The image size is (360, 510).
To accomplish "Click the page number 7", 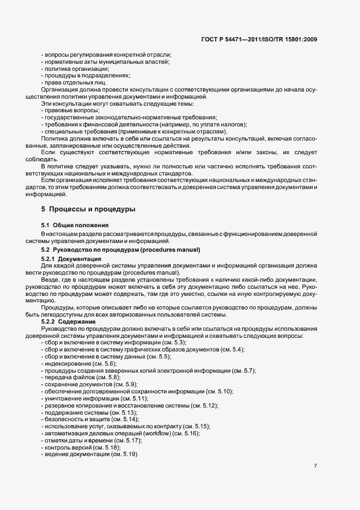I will (x=316, y=466).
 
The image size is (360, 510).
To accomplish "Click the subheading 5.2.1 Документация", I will (x=71, y=258).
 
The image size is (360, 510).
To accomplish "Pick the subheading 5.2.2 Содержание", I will (x=71, y=323).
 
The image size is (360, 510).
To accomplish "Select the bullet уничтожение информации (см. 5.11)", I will (x=89, y=398).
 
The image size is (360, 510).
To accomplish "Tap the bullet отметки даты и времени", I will (x=87, y=440).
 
